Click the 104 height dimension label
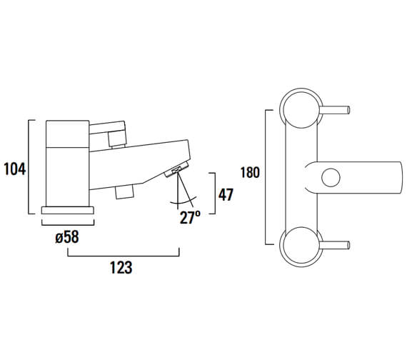click(14, 169)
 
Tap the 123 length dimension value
click(121, 267)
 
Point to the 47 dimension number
click(226, 194)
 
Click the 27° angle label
click(189, 218)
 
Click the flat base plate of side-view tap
click(68, 210)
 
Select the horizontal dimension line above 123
click(122, 251)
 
